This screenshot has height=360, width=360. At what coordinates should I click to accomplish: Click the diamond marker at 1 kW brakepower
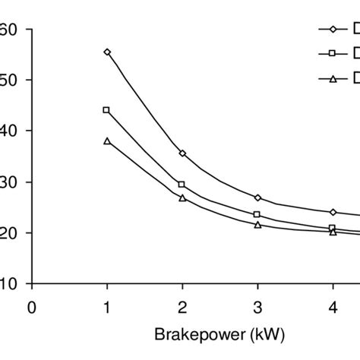coord(107,52)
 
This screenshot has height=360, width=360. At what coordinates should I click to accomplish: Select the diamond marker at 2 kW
coord(182,153)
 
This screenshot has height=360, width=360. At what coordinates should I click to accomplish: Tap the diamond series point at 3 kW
coord(257,197)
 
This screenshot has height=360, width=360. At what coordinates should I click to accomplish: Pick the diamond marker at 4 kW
coord(333,212)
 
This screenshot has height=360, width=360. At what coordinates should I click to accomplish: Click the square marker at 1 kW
coord(106,110)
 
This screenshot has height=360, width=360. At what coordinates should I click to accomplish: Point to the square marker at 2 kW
coord(182,185)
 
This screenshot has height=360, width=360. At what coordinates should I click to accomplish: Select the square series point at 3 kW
coord(257,214)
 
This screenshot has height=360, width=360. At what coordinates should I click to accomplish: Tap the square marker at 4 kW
coord(333,228)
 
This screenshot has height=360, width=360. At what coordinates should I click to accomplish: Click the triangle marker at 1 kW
coord(107,141)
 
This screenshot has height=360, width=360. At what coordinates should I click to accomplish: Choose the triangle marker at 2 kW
coord(182,197)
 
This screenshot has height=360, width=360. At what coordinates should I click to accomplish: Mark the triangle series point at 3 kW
coord(257,225)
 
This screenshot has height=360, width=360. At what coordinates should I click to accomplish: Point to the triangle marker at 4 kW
coord(333,232)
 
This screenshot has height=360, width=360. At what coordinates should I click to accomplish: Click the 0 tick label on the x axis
coord(31,308)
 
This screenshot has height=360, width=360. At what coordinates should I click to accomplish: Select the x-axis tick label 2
coord(182,308)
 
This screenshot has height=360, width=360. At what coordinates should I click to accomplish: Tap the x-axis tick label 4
coord(333,308)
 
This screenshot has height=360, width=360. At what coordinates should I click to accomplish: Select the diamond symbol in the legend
coord(333,29)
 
